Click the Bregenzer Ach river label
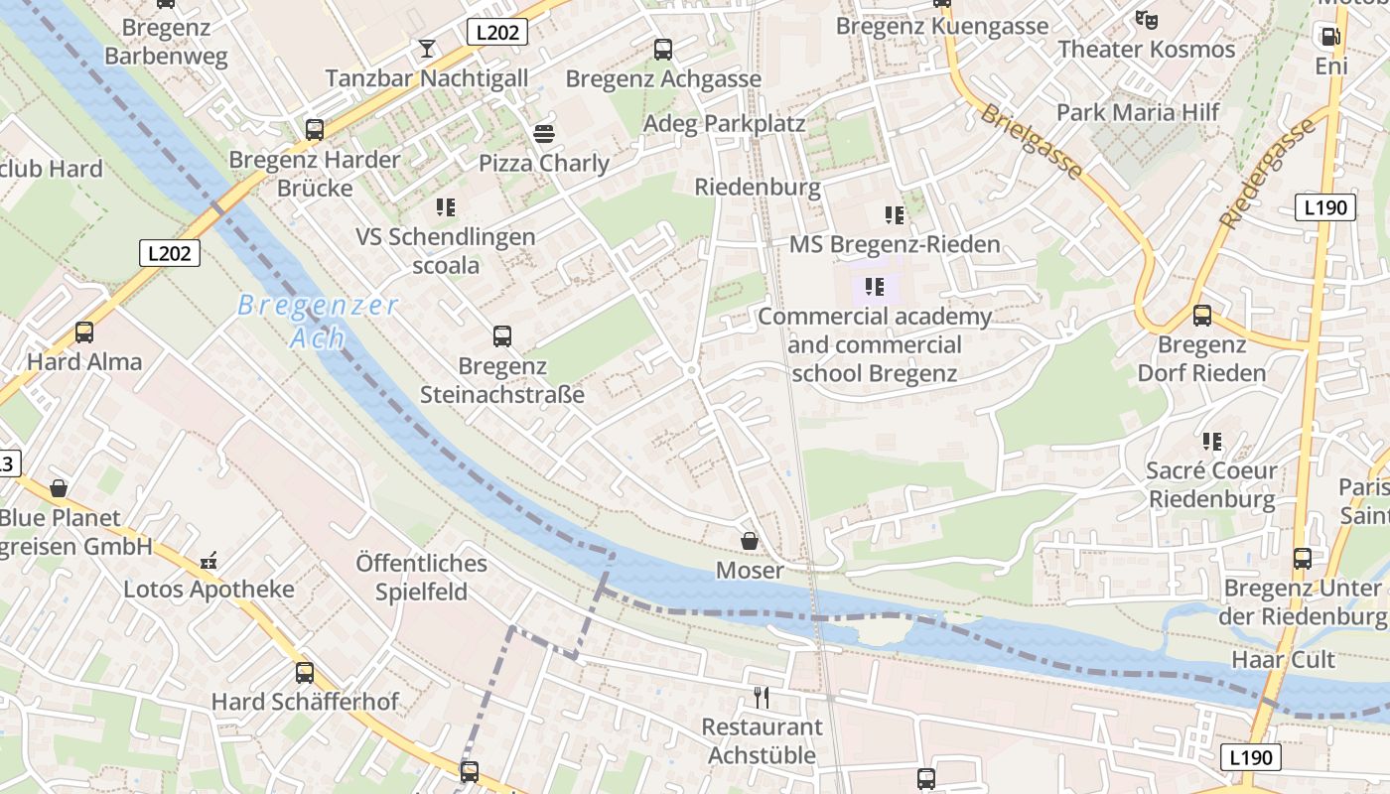click(318, 321)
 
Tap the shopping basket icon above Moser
click(750, 541)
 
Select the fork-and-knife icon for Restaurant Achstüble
click(762, 697)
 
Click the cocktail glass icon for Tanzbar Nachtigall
click(427, 48)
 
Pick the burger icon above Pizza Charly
click(543, 133)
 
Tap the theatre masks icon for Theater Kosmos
click(1147, 19)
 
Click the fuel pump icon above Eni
click(1329, 37)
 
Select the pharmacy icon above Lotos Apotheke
click(208, 561)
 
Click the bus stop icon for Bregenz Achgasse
click(663, 49)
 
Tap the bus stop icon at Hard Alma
click(84, 332)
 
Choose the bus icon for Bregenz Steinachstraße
click(502, 336)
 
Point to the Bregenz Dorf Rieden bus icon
click(1202, 316)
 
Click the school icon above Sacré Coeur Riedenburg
click(1211, 441)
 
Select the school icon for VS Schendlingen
click(446, 207)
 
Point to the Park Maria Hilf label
click(1137, 112)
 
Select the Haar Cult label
click(1283, 660)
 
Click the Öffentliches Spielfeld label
click(422, 578)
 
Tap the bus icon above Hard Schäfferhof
click(305, 672)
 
